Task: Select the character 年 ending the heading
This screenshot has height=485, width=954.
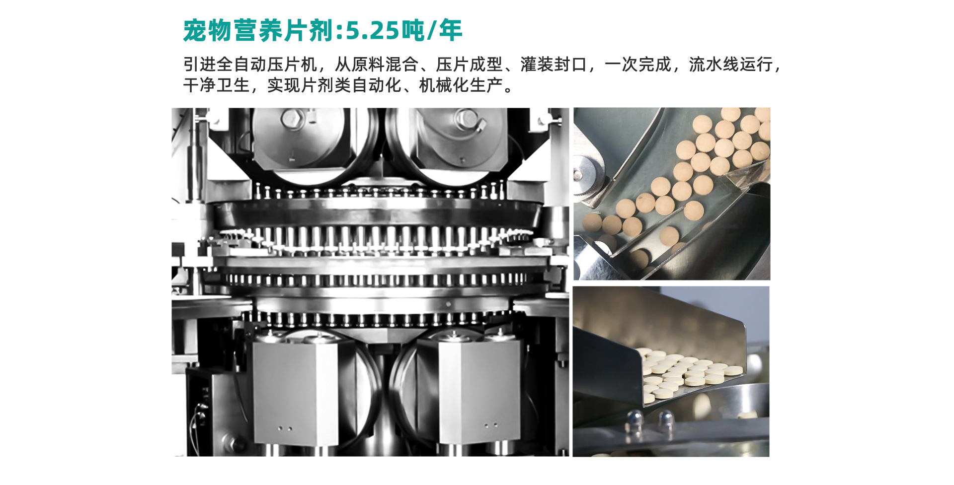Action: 451,31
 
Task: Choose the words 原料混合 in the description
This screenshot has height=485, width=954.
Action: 385,65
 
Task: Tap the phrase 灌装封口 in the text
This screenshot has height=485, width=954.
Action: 554,65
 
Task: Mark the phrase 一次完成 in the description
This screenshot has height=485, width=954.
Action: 638,65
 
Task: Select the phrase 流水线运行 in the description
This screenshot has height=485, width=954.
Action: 730,65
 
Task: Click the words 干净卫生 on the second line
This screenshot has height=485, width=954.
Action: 217,85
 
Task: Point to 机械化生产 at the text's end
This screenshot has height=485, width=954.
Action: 461,85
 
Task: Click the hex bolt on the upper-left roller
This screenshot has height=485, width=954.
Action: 290,118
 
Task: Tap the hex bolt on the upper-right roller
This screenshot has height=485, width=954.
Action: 467,118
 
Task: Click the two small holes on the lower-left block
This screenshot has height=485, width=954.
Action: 285,428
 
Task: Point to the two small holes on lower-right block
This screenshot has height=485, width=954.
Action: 491,425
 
